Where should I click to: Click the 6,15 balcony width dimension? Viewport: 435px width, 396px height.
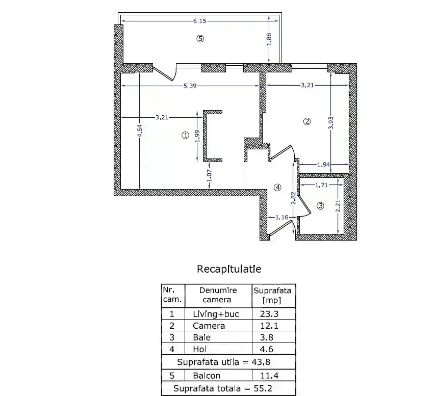click(200, 21)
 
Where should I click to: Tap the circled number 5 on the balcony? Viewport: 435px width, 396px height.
click(200, 39)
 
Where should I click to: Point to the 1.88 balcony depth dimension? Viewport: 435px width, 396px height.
click(269, 39)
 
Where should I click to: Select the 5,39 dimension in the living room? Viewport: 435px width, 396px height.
click(190, 86)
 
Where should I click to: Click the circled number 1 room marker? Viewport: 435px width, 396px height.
click(185, 135)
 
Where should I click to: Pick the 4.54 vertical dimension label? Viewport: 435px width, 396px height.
click(140, 130)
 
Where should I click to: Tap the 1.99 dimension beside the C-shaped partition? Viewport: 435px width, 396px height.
click(197, 136)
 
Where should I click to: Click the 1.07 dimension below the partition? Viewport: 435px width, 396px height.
click(210, 175)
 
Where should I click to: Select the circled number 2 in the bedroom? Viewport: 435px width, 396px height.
click(307, 121)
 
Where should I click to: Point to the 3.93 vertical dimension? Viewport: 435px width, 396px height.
click(330, 123)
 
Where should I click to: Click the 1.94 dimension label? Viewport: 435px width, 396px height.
click(323, 165)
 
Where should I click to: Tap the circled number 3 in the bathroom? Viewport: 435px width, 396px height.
click(320, 206)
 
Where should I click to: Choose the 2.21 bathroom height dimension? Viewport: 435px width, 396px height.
click(338, 206)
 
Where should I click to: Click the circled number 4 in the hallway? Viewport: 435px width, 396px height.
click(277, 188)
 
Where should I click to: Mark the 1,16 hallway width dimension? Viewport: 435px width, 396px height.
click(282, 217)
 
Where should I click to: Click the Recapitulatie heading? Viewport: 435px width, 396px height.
click(229, 269)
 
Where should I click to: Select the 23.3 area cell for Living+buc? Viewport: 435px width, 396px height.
click(269, 314)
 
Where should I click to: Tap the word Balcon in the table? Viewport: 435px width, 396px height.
click(207, 376)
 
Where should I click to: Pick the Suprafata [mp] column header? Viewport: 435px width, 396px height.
click(272, 295)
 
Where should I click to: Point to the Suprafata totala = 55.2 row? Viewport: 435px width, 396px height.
click(223, 388)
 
